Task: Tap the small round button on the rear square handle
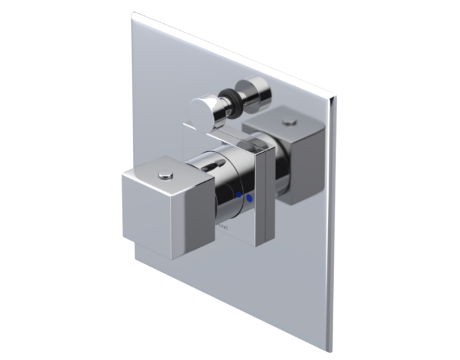coord(289,122)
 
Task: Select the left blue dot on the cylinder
coord(237,195)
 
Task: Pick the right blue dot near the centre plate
coord(249,198)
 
